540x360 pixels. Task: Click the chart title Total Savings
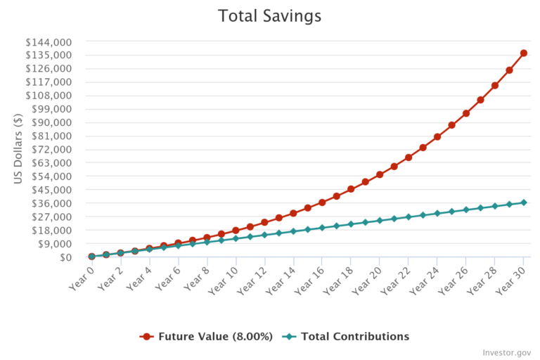tap(270, 15)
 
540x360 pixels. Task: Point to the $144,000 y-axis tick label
tap(49, 41)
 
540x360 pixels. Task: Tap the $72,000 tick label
tap(51, 149)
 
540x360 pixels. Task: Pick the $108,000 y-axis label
tap(49, 96)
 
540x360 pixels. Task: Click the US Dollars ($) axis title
tap(19, 149)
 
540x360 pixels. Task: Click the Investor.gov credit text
tap(507, 352)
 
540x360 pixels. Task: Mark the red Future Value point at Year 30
tap(524, 53)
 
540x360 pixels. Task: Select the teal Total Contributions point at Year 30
tap(524, 202)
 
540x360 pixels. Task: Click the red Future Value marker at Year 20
tap(380, 174)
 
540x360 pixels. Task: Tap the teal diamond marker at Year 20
tap(380, 221)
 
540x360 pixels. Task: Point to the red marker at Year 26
tap(466, 113)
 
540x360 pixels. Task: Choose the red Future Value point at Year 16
tap(322, 202)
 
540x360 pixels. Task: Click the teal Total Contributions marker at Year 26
tap(466, 210)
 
